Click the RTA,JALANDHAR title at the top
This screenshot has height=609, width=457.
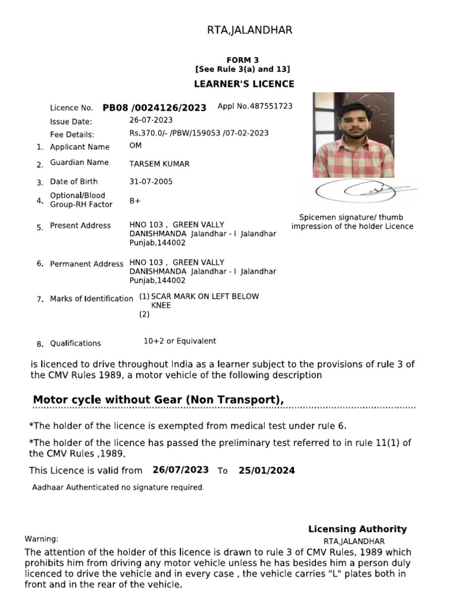[249, 30]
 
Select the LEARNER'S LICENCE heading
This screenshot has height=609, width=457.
[244, 84]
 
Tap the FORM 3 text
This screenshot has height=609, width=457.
[243, 61]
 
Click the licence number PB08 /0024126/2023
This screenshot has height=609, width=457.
[154, 108]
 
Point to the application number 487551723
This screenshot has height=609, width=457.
[255, 106]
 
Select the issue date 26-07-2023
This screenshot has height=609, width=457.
[151, 121]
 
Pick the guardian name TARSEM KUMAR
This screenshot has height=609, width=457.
[159, 164]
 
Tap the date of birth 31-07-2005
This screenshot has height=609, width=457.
[151, 181]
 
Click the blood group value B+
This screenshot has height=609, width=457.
[135, 201]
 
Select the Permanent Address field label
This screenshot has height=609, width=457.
[87, 263]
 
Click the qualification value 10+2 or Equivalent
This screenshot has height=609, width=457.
[180, 341]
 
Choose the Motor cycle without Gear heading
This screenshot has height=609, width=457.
[158, 400]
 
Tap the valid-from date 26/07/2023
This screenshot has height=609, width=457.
[180, 470]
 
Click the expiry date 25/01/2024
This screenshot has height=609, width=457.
[267, 470]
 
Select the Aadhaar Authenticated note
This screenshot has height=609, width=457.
[118, 488]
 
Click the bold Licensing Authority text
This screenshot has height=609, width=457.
[357, 529]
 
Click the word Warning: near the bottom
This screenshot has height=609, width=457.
[41, 539]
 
